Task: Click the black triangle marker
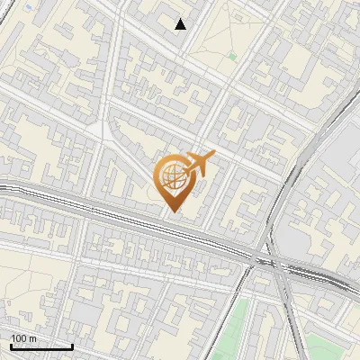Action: coord(181,24)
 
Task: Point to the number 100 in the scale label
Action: coord(19,337)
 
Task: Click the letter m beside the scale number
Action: coord(33,337)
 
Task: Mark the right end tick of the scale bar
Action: coord(73,346)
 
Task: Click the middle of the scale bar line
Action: coord(40,346)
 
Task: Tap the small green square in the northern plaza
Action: coord(232,57)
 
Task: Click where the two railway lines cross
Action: coord(269,260)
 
